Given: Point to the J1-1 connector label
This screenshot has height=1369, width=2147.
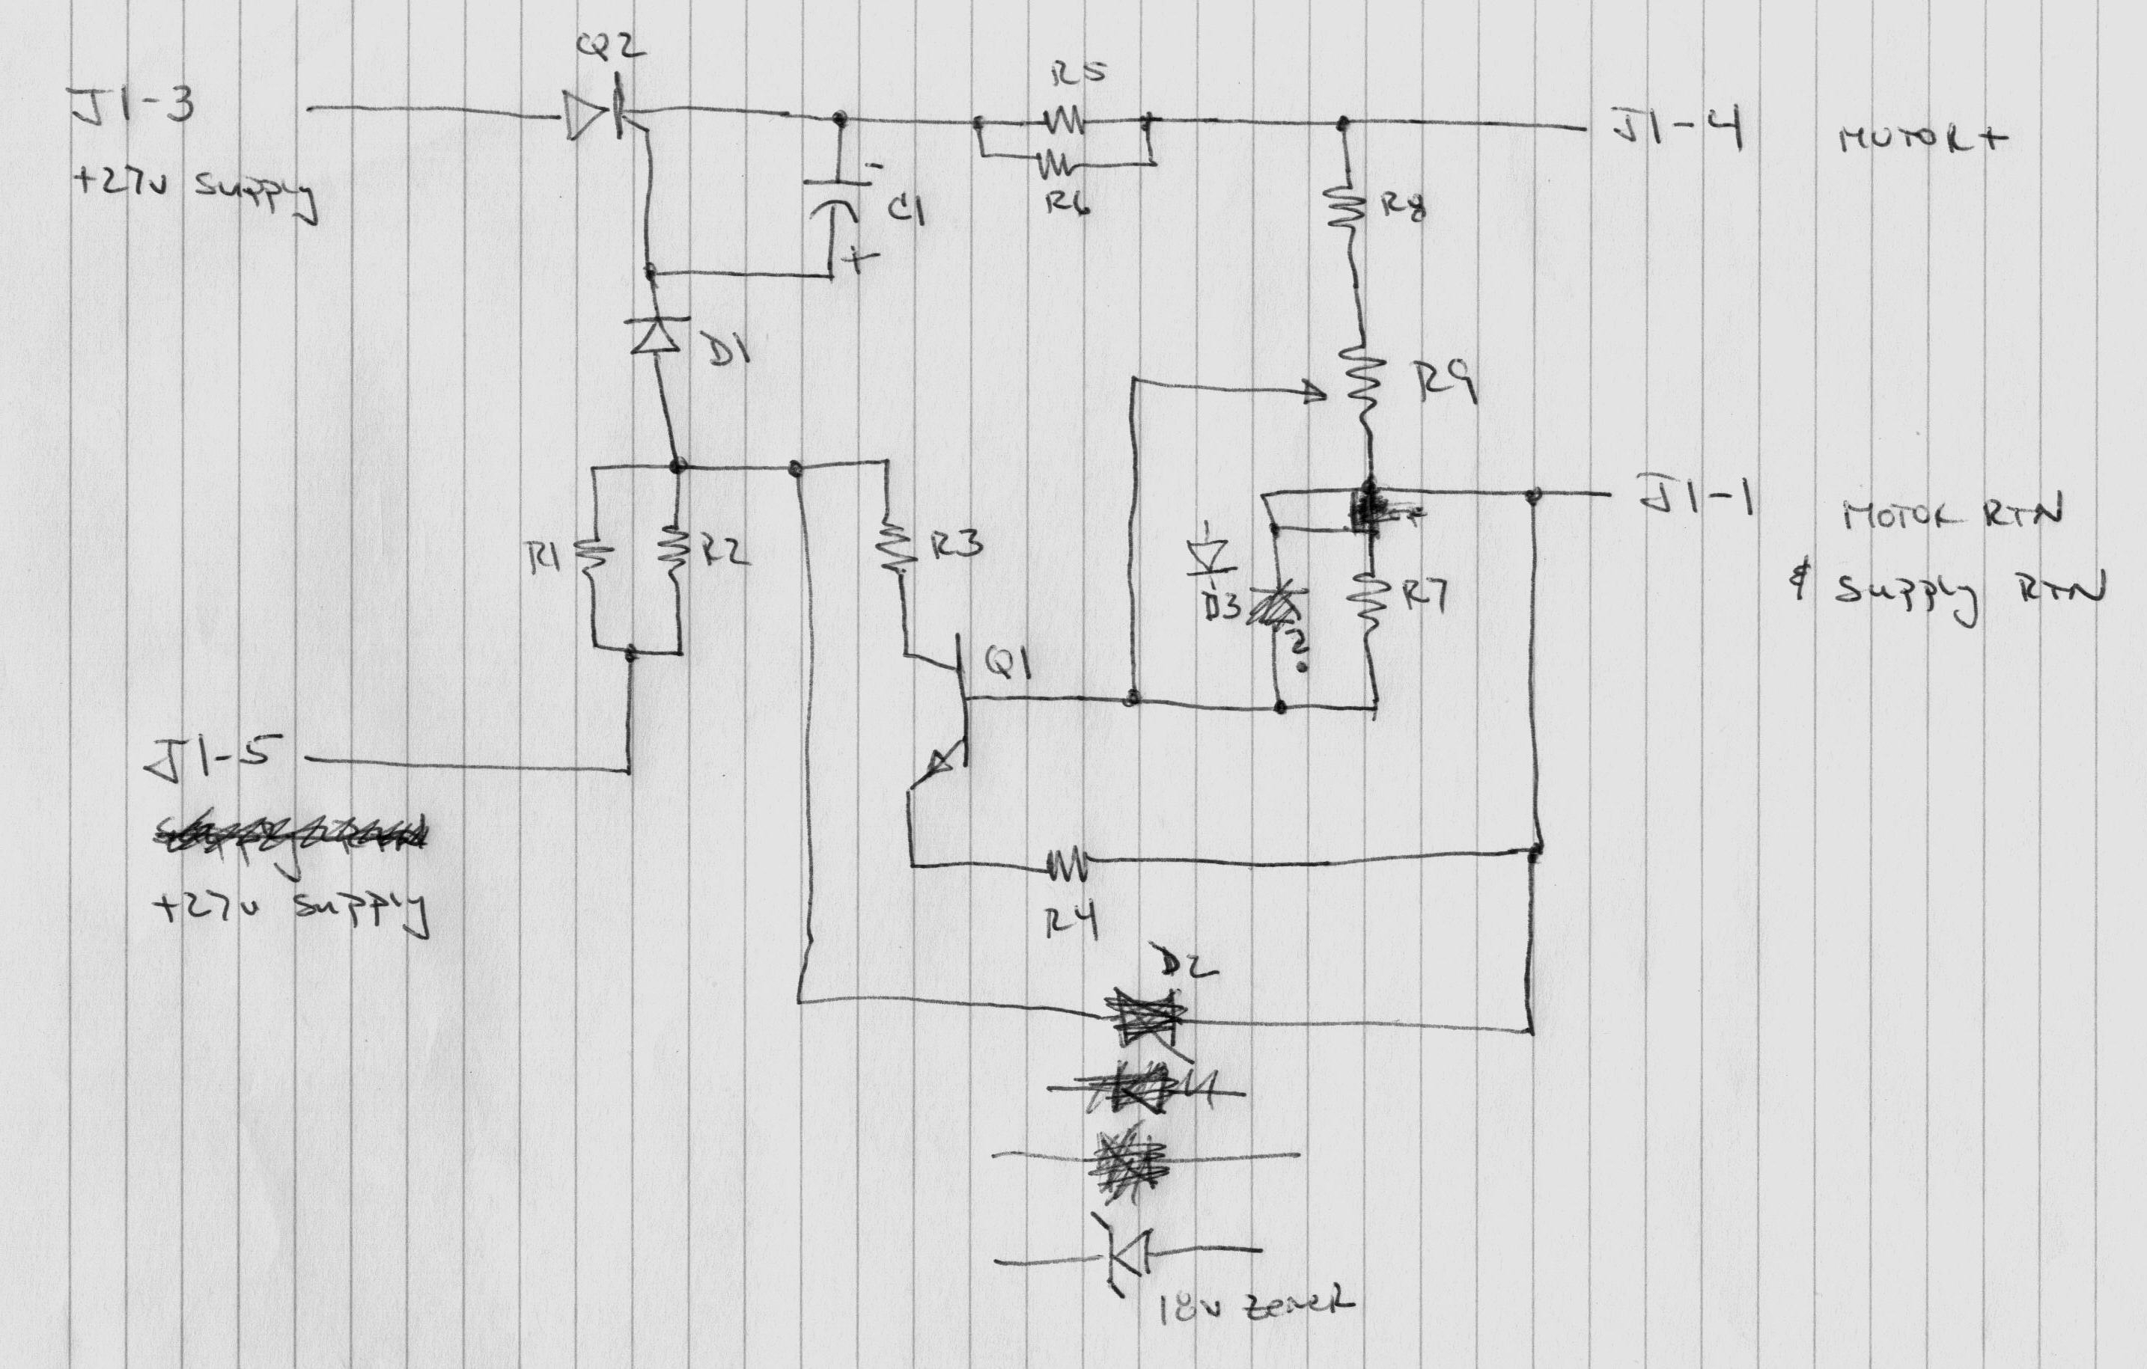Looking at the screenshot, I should tap(1694, 497).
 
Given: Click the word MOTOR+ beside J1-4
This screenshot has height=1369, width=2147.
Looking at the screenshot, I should tap(1922, 138).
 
